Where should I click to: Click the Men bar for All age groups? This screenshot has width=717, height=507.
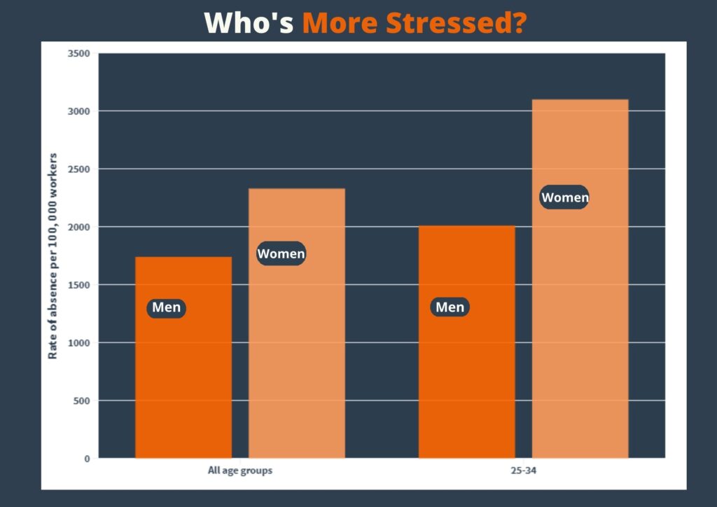click(183, 378)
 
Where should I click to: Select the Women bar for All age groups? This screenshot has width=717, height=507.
click(296, 350)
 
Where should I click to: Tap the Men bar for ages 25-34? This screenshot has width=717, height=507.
click(466, 378)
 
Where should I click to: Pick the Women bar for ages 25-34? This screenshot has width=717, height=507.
click(580, 315)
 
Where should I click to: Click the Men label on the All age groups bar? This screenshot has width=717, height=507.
click(167, 307)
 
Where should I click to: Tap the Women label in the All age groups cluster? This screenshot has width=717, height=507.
click(281, 253)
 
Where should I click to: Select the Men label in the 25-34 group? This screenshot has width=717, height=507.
click(450, 307)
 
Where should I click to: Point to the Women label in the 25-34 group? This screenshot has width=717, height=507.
click(564, 197)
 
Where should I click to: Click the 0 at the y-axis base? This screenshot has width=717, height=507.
click(88, 459)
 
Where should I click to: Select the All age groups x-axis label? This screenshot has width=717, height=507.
click(239, 471)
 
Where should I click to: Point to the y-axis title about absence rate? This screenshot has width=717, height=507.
click(53, 256)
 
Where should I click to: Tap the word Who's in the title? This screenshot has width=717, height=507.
click(249, 22)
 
